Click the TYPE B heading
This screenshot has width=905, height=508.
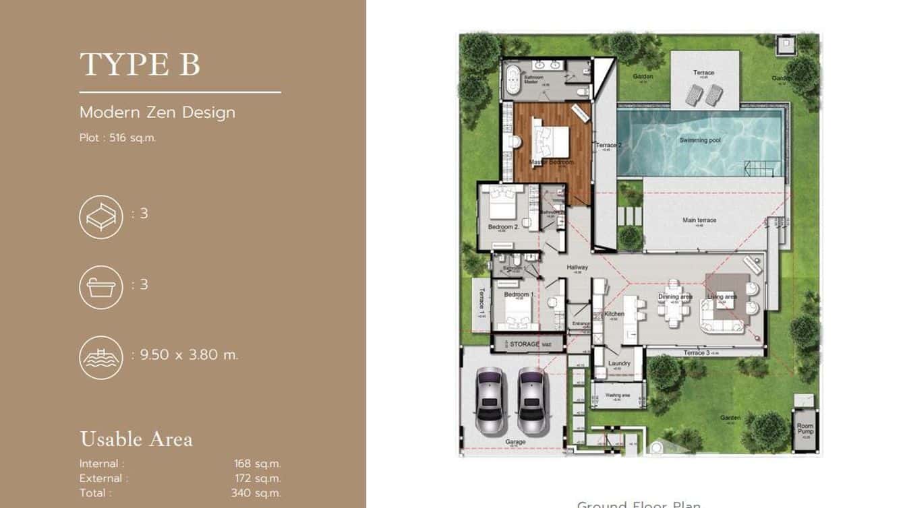[x=140, y=65]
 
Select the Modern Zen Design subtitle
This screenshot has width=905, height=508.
[x=157, y=113]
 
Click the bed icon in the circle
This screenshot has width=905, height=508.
[x=101, y=218]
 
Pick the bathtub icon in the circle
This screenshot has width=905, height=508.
[x=101, y=287]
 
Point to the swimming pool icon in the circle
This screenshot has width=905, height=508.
[x=101, y=358]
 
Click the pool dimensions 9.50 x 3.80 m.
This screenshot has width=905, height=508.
[x=189, y=355]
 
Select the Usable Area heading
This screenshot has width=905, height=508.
[x=136, y=439]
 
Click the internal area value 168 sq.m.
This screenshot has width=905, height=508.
[x=257, y=464]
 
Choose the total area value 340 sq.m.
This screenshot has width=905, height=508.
[x=257, y=493]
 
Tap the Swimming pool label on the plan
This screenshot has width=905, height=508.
[x=700, y=140]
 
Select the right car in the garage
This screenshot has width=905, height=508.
[x=532, y=402]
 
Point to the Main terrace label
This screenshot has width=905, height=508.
[x=699, y=220]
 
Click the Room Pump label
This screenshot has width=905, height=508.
[x=805, y=428]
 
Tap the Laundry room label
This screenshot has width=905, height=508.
[x=619, y=364]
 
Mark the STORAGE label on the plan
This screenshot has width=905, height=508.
[x=525, y=344]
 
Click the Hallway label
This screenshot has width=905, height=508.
[x=577, y=267]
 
